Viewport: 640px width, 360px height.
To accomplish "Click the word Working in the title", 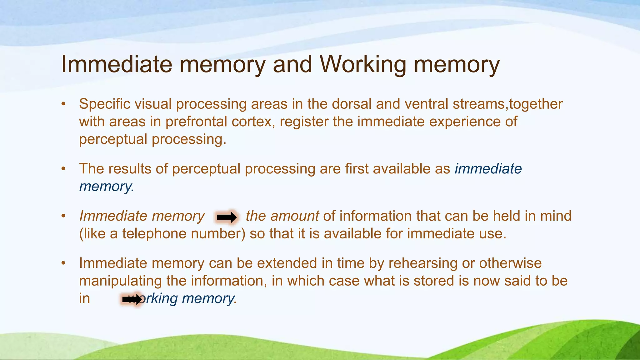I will (x=362, y=64).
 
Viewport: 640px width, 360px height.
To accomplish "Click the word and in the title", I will (x=292, y=64).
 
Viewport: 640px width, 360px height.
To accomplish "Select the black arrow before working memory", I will (x=132, y=299).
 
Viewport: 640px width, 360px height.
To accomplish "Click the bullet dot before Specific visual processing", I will (x=63, y=104).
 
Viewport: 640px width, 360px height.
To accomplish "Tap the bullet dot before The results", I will (x=63, y=169).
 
